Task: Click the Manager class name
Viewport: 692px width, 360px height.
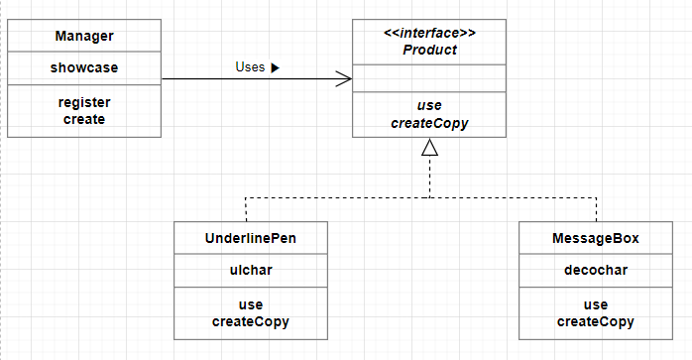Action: pyautogui.click(x=84, y=36)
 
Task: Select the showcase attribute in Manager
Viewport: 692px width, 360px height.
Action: pyautogui.click(x=84, y=67)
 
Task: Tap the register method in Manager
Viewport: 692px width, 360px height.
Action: pyautogui.click(x=84, y=102)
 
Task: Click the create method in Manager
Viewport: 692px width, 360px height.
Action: pyautogui.click(x=84, y=119)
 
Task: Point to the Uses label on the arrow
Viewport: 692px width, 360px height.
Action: pyautogui.click(x=250, y=67)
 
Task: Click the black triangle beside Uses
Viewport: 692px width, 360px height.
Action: pyautogui.click(x=275, y=68)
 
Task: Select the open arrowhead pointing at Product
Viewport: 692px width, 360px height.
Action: pyautogui.click(x=344, y=79)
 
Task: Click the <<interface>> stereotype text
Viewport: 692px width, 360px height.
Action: pyautogui.click(x=429, y=33)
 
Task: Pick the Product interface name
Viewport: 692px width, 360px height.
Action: pyautogui.click(x=429, y=50)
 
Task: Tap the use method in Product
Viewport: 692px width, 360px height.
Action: pyautogui.click(x=429, y=105)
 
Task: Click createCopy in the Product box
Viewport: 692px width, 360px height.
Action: pyautogui.click(x=429, y=123)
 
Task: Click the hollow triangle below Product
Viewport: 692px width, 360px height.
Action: pyautogui.click(x=430, y=147)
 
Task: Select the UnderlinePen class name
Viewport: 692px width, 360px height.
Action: pyautogui.click(x=251, y=238)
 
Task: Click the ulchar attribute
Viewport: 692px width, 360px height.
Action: pyautogui.click(x=251, y=270)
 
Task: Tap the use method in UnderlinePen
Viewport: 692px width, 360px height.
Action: pyautogui.click(x=251, y=304)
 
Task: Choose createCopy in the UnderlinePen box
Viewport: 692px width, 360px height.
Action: pyautogui.click(x=251, y=322)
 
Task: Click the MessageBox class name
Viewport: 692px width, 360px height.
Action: pyautogui.click(x=596, y=238)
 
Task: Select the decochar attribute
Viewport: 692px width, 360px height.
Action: pyautogui.click(x=596, y=270)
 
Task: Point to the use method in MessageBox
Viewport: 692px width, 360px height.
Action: pyautogui.click(x=596, y=304)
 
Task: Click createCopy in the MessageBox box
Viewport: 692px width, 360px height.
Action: pyautogui.click(x=596, y=322)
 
